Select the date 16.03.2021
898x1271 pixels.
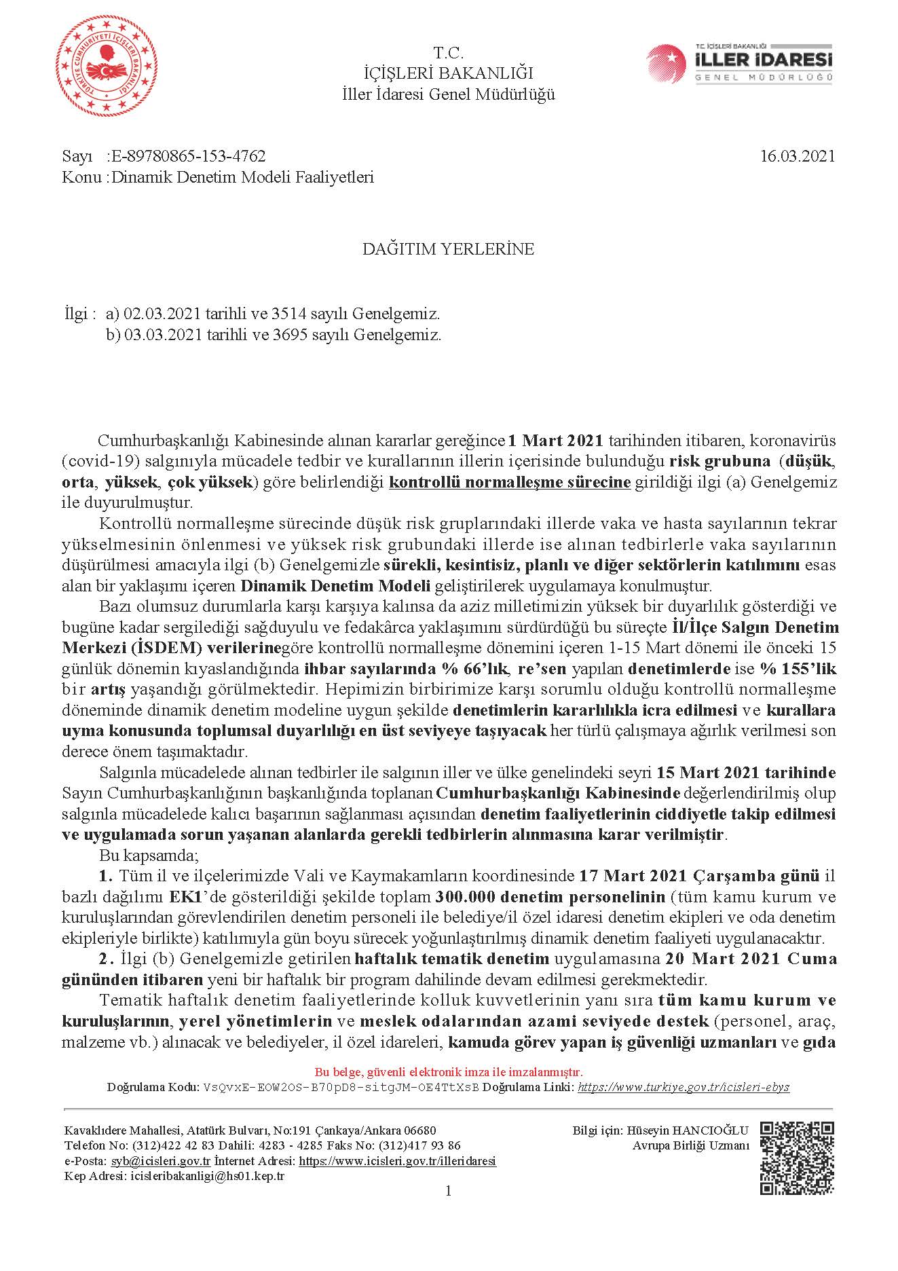pyautogui.click(x=797, y=156)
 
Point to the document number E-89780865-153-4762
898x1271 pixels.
pyautogui.click(x=189, y=157)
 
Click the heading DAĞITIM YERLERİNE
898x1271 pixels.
pyautogui.click(x=448, y=249)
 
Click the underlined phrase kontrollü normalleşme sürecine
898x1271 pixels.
pyautogui.click(x=510, y=483)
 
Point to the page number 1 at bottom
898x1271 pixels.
pyautogui.click(x=448, y=1190)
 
